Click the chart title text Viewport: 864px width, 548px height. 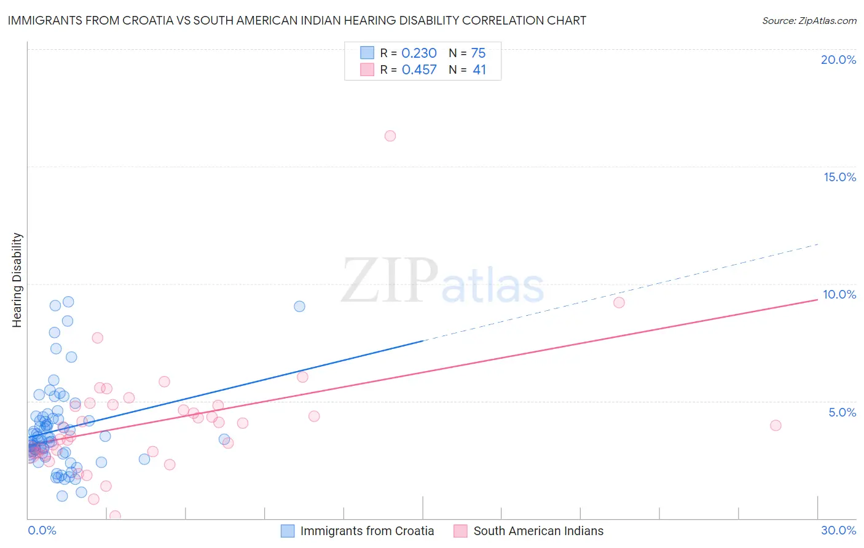pyautogui.click(x=297, y=20)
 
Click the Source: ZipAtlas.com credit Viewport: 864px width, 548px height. pyautogui.click(x=809, y=20)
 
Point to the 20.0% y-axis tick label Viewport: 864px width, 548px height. pyautogui.click(x=838, y=60)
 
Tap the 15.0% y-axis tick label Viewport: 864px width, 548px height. pyautogui.click(x=839, y=177)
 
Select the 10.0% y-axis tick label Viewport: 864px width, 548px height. pyautogui.click(x=839, y=294)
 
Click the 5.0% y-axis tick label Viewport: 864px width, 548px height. pyautogui.click(x=842, y=412)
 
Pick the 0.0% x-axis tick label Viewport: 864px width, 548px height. pyautogui.click(x=42, y=530)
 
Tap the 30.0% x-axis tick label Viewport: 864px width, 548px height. pyautogui.click(x=838, y=530)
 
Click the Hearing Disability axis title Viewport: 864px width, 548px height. pyautogui.click(x=17, y=280)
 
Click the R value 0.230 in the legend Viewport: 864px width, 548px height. pyautogui.click(x=419, y=53)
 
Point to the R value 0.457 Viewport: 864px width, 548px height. pyautogui.click(x=419, y=70)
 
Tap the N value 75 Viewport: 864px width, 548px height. pyautogui.click(x=478, y=53)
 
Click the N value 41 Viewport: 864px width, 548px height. pyautogui.click(x=479, y=70)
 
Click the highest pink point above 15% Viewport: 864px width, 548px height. pyautogui.click(x=390, y=136)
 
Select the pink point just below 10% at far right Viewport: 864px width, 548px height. pyautogui.click(x=619, y=302)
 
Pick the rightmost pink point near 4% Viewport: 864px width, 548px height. pyautogui.click(x=776, y=425)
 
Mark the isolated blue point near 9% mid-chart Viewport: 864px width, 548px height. pyautogui.click(x=299, y=306)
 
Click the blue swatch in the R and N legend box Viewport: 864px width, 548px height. pyautogui.click(x=367, y=53)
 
